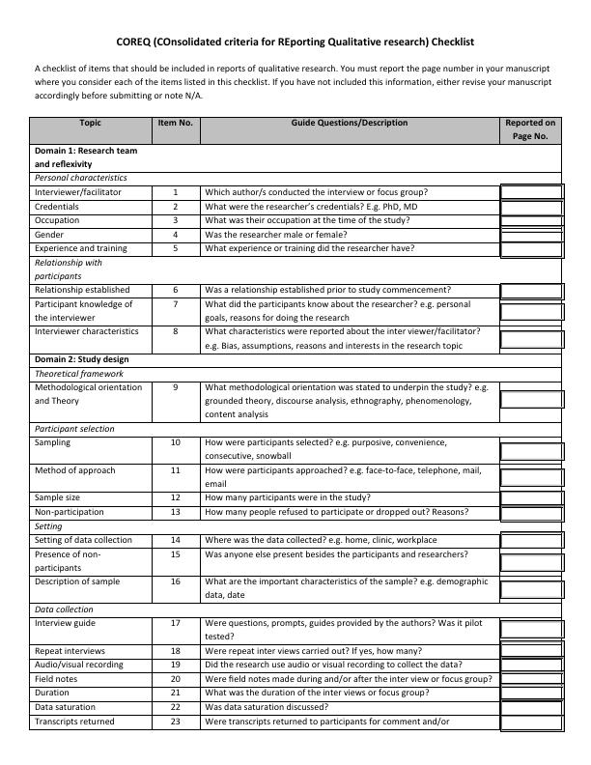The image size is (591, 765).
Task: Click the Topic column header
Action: [91, 124]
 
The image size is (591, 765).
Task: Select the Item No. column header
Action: [175, 124]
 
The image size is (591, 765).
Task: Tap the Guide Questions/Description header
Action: [349, 124]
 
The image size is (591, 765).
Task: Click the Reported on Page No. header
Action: [530, 130]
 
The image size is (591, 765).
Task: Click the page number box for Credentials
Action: [531, 208]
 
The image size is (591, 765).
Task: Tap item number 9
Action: [176, 387]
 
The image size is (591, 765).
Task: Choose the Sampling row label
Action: [52, 442]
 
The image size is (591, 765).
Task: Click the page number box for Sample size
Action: [531, 498]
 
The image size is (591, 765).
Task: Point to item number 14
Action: [176, 540]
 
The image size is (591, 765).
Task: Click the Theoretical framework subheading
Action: [80, 374]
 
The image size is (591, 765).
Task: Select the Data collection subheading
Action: [64, 609]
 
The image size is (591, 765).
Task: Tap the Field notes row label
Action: [57, 679]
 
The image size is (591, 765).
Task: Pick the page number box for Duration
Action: [531, 694]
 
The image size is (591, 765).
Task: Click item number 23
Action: [176, 722]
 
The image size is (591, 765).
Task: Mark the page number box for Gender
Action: [531, 235]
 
